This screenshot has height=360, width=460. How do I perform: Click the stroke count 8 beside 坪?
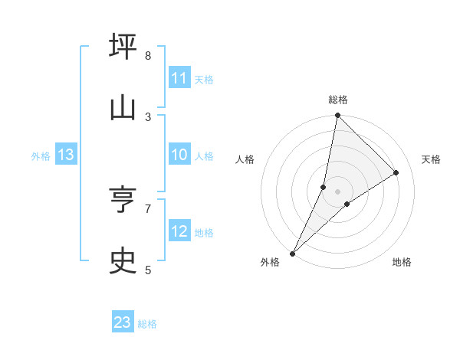(148, 56)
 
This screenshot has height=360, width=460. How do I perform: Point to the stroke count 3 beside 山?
(148, 116)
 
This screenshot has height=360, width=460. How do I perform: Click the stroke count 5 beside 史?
(148, 270)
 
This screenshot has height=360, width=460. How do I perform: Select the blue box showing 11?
(179, 78)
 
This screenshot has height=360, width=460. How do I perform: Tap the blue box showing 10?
(179, 155)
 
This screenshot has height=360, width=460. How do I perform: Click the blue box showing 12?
(179, 231)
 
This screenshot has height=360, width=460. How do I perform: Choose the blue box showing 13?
(66, 155)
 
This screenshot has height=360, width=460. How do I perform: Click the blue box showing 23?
(123, 322)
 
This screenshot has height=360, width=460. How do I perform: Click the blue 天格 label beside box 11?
(204, 79)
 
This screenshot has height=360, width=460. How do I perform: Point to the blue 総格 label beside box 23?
(147, 323)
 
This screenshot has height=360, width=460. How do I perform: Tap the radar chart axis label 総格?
(337, 100)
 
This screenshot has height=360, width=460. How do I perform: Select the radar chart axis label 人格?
(245, 159)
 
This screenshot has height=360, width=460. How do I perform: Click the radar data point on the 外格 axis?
(292, 253)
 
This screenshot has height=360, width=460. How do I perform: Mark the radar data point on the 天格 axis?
(396, 173)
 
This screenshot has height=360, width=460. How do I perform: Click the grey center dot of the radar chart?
(337, 191)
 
